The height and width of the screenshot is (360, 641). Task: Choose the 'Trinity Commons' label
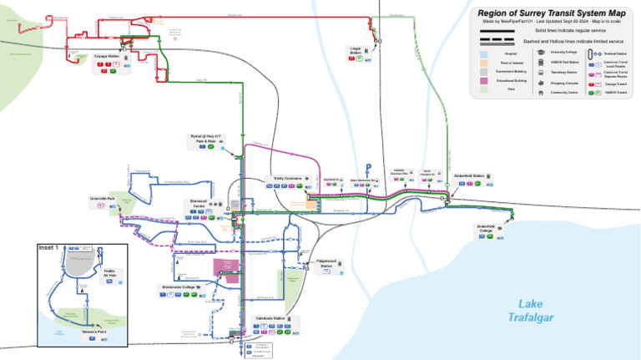286,178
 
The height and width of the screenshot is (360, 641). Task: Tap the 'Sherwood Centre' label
197,204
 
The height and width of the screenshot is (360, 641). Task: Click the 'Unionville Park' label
102,199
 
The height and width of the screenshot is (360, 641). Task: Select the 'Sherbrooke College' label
180,286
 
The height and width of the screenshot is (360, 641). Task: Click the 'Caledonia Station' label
269,318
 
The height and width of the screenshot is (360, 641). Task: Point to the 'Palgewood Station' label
331,262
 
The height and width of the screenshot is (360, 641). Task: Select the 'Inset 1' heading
52,248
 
